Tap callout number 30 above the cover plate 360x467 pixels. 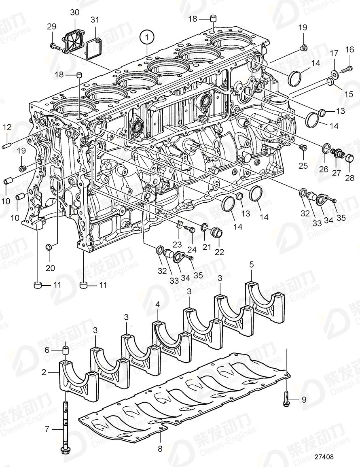75,13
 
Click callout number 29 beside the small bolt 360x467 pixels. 52,27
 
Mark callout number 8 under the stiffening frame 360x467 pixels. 159,448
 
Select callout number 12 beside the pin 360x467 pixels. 7,127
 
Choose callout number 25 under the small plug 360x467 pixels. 303,165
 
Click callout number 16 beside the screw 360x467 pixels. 349,50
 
